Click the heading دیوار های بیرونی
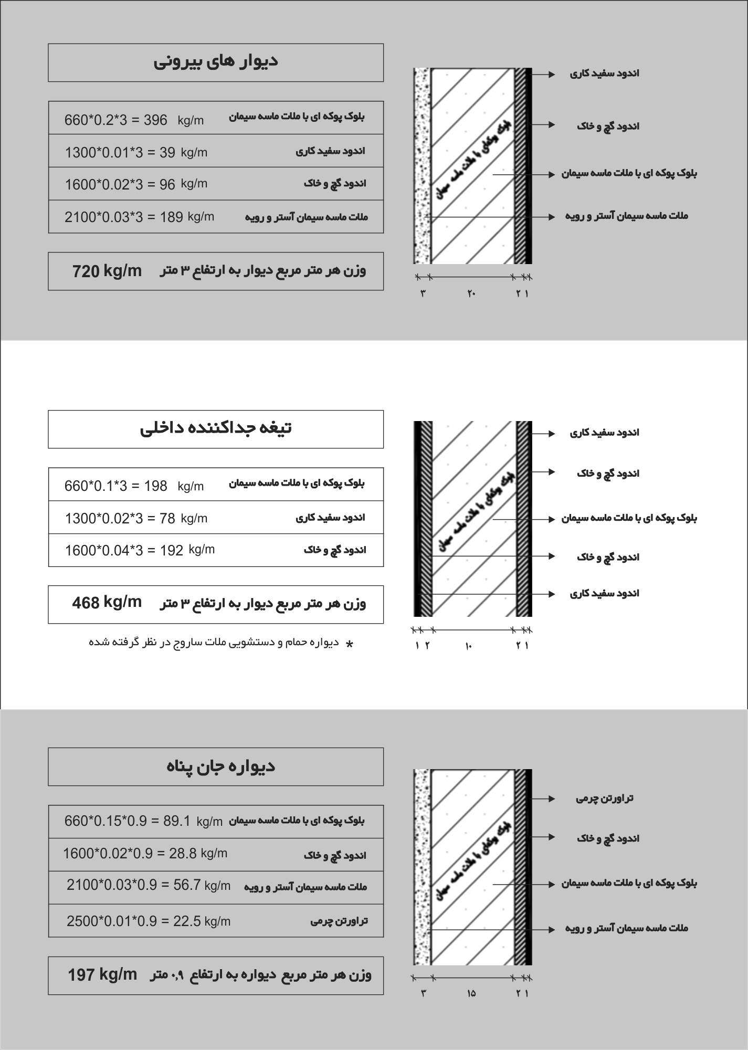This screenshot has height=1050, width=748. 215,61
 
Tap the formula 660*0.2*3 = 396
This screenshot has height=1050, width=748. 116,120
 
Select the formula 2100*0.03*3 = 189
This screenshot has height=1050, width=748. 124,217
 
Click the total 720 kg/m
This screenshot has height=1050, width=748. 107,271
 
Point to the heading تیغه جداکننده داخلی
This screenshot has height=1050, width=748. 215,428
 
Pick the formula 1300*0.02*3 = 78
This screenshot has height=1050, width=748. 120,519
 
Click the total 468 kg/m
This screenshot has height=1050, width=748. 107,602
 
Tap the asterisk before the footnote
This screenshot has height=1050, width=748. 350,644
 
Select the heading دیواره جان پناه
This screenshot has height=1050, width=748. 220,766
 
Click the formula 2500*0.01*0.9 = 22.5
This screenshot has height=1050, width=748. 134,921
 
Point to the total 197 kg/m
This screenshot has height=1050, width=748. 102,975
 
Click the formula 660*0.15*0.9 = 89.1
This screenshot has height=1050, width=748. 128,821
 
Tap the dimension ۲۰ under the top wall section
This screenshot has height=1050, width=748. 471,293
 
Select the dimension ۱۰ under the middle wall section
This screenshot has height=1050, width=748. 468,646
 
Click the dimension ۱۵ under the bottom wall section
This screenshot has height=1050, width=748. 471,993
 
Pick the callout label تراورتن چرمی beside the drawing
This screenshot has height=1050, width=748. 605,799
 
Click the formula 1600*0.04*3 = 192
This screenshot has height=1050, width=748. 124,550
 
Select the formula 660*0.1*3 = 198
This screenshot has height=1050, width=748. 116,486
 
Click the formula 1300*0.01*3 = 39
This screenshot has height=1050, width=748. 120,153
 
